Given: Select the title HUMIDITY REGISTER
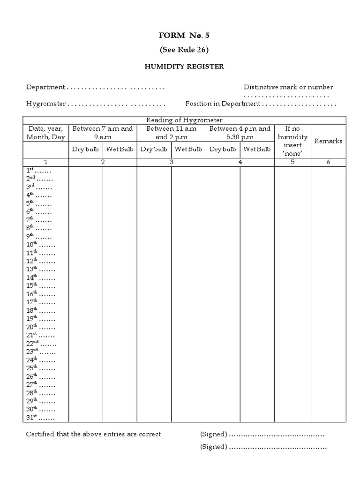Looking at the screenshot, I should click(x=183, y=67).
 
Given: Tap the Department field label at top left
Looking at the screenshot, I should click(x=45, y=87).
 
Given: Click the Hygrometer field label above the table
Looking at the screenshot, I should click(x=46, y=104).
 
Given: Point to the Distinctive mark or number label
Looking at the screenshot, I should click(x=288, y=87).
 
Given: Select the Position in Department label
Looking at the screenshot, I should click(x=222, y=104).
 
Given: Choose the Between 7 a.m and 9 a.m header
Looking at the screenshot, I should click(x=103, y=133).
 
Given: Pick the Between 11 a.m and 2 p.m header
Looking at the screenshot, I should click(x=171, y=133).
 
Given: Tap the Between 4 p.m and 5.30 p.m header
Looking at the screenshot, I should click(x=240, y=133).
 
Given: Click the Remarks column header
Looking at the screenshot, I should click(x=328, y=141).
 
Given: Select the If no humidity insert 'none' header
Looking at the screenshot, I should click(x=292, y=141).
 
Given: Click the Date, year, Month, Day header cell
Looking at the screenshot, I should click(x=46, y=133).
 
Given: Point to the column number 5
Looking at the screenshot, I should click(x=292, y=162).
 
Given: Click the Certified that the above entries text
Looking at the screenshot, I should click(x=93, y=434).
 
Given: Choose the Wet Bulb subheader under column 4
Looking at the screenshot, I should click(x=257, y=150).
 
